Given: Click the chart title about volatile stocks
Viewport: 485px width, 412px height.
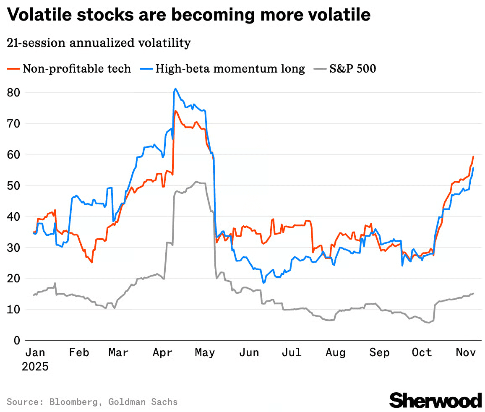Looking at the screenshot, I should point(189,15).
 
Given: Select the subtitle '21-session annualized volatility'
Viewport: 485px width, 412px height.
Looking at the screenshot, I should point(99,43).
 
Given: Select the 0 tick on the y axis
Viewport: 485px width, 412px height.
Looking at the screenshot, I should point(17,340).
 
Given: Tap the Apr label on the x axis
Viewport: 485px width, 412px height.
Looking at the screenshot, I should point(162,352).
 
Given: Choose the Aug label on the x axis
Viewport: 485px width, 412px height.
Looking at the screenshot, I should point(336,352).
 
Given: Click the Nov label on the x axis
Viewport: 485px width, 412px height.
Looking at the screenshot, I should point(465,352).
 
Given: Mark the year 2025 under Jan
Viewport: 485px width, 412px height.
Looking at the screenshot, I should point(35,366).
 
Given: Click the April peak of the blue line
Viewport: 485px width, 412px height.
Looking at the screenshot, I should point(175,89).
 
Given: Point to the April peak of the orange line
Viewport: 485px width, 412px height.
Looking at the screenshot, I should point(175,111).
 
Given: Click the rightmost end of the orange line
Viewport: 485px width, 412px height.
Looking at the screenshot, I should point(473,156).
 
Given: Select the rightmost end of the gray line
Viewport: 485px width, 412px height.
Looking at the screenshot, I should point(473,294).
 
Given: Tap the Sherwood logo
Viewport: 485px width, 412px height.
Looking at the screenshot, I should point(435,400).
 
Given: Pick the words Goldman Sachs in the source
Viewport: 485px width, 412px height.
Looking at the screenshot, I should point(143,402).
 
